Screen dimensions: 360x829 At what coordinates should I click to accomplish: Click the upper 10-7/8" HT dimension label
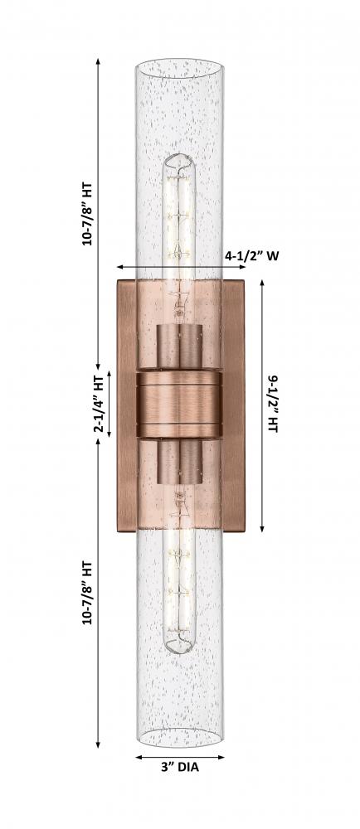pos(87,214)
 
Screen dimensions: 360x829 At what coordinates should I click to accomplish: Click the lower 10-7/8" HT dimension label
pos(87,594)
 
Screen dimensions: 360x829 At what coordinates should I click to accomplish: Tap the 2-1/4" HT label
pos(100,405)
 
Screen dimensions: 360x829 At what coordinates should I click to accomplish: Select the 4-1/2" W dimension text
pos(251,256)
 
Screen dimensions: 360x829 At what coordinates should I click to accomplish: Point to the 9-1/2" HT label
pos(272,405)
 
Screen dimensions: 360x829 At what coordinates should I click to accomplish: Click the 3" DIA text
pos(180,767)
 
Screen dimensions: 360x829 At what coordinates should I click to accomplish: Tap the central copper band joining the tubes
pos(179,405)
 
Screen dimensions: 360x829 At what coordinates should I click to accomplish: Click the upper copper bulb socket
pos(179,347)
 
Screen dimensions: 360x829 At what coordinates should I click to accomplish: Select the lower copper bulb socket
pos(179,462)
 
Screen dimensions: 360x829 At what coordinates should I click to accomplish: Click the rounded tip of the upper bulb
pos(179,157)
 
